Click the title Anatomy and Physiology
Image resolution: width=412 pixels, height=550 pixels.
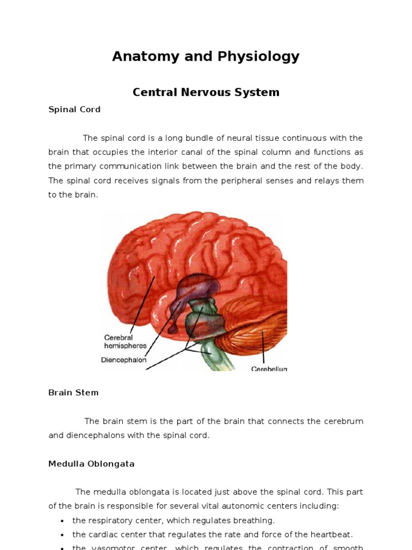pos(205,56)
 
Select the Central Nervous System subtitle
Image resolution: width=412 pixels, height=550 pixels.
pos(205,92)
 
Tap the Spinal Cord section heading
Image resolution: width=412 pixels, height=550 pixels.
pos(74,110)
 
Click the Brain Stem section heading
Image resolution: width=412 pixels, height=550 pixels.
pos(73,393)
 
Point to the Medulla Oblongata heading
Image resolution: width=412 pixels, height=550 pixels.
pos(91,464)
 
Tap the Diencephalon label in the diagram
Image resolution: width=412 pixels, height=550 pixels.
pos(123,360)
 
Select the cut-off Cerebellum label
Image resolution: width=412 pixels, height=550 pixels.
pos(269,368)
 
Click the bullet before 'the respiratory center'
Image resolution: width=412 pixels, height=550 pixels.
pos(63,521)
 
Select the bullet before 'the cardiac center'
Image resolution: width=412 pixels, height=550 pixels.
pos(63,535)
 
